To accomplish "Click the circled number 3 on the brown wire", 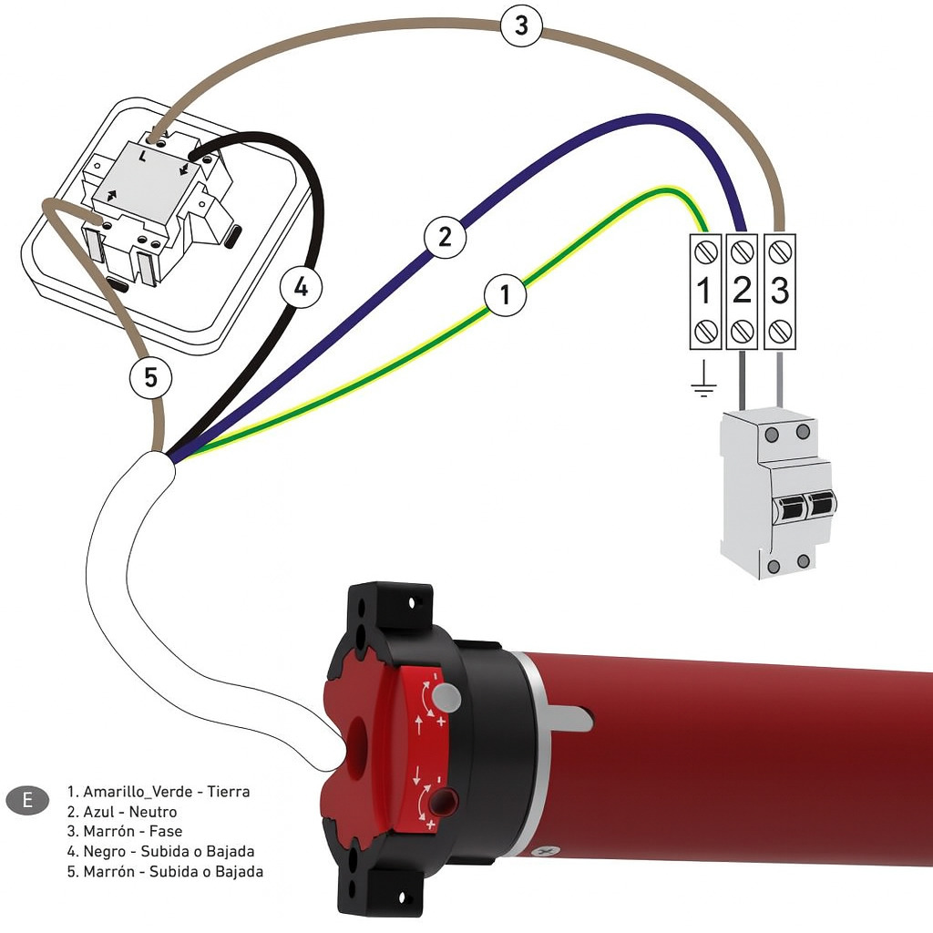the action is pyautogui.click(x=521, y=26).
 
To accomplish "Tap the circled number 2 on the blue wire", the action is pyautogui.click(x=445, y=238).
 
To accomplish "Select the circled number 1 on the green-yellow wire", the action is pyautogui.click(x=505, y=294).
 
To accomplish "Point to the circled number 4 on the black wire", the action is pyautogui.click(x=301, y=287).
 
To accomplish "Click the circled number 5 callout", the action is pyautogui.click(x=151, y=377).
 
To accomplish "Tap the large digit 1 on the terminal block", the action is pyautogui.click(x=704, y=291).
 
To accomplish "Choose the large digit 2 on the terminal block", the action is pyautogui.click(x=742, y=291).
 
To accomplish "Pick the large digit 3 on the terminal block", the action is pyautogui.click(x=780, y=291).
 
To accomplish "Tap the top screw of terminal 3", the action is pyautogui.click(x=780, y=253).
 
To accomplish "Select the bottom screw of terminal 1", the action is pyautogui.click(x=705, y=331).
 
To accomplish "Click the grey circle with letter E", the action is pyautogui.click(x=27, y=800).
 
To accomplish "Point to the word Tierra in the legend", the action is pyautogui.click(x=229, y=792).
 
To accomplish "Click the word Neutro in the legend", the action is pyautogui.click(x=153, y=812).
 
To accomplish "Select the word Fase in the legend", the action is pyautogui.click(x=166, y=831).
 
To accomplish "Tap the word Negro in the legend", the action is pyautogui.click(x=105, y=852).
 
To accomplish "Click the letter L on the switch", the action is pyautogui.click(x=142, y=157).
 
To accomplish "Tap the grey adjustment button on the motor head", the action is pyautogui.click(x=447, y=697).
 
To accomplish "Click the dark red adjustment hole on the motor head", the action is pyautogui.click(x=445, y=802).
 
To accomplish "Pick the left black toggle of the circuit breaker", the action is pyautogui.click(x=790, y=508).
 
